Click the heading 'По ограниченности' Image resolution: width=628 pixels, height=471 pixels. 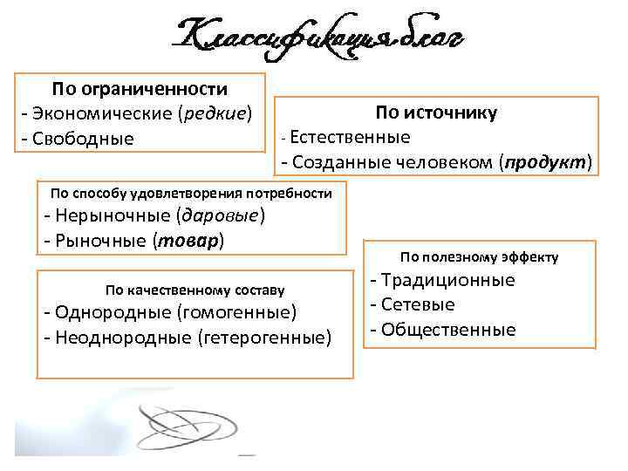coord(140,89)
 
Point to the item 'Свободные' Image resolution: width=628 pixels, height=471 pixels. coord(83,139)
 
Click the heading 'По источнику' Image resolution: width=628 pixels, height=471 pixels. coord(436,113)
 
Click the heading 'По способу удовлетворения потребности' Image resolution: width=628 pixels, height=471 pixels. coord(193,192)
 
